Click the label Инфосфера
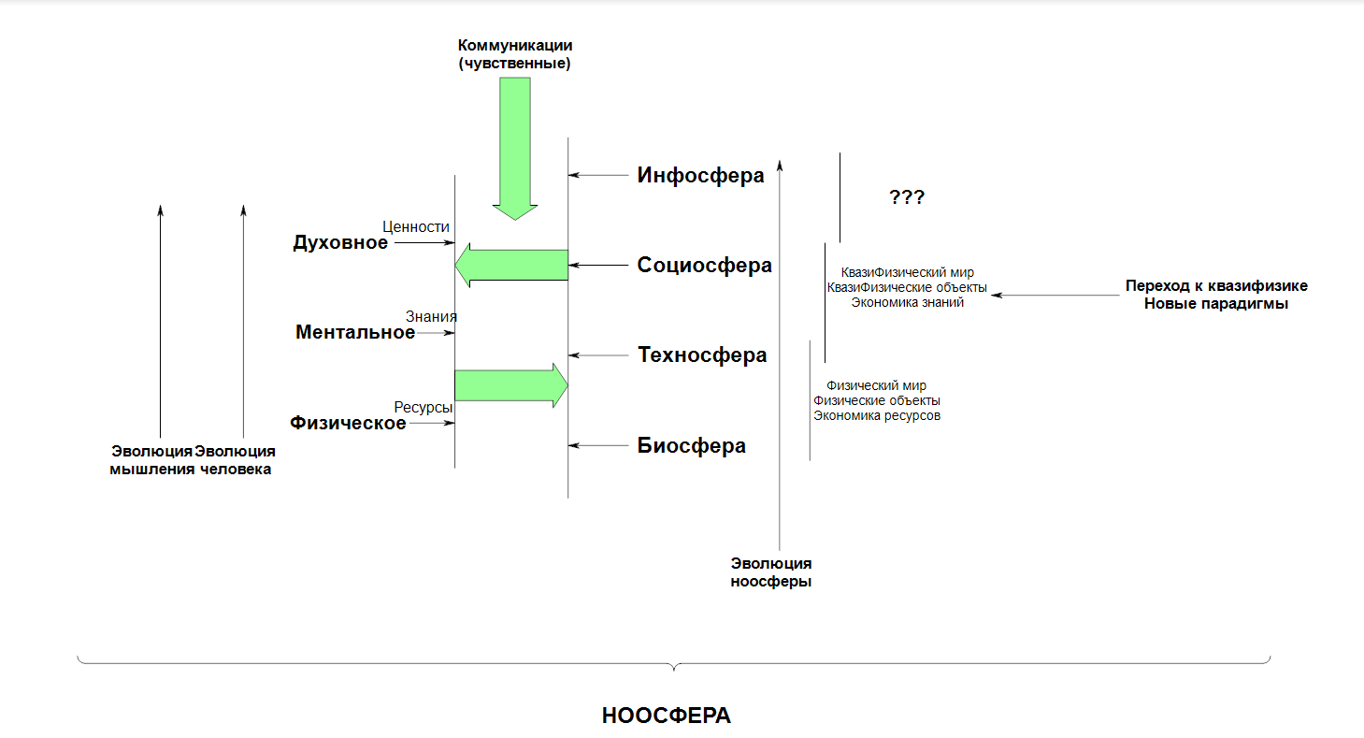pyautogui.click(x=700, y=176)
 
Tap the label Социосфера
pyautogui.click(x=705, y=265)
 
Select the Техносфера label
pyautogui.click(x=702, y=355)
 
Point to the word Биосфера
pyautogui.click(x=691, y=445)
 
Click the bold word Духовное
pyautogui.click(x=340, y=242)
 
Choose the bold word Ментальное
pyautogui.click(x=355, y=332)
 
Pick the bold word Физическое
pyautogui.click(x=348, y=423)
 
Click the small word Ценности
pyautogui.click(x=416, y=226)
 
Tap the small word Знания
pyautogui.click(x=431, y=316)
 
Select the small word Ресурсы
pyautogui.click(x=424, y=407)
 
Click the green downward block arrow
pyautogui.click(x=515, y=148)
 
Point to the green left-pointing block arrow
pyautogui.click(x=511, y=265)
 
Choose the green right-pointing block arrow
pyautogui.click(x=511, y=385)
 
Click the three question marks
pyautogui.click(x=907, y=196)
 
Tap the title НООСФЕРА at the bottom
pyautogui.click(x=667, y=716)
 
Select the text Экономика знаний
pyautogui.click(x=907, y=302)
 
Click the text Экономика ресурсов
pyautogui.click(x=877, y=415)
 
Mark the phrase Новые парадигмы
pyautogui.click(x=1216, y=303)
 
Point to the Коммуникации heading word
pyautogui.click(x=515, y=45)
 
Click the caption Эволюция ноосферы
pyautogui.click(x=771, y=572)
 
